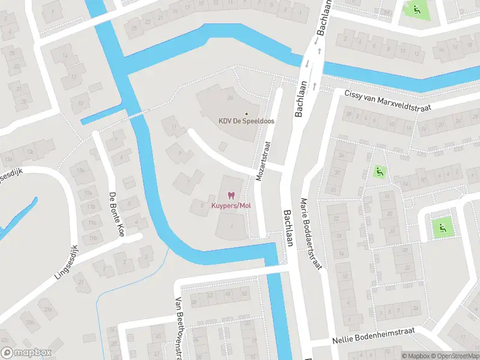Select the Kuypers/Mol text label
230,206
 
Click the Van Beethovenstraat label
178,327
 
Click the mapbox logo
27,353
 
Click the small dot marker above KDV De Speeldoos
245,113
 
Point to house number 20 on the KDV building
229,98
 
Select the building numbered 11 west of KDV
175,127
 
